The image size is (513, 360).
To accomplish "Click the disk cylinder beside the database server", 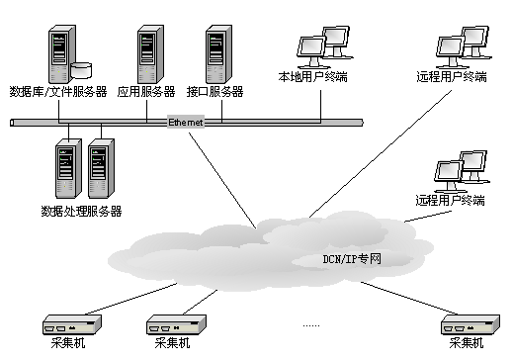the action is point(81,70).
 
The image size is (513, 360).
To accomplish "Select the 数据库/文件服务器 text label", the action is point(58,92).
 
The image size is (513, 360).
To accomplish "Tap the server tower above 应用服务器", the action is point(150,54).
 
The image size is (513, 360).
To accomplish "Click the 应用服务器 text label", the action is point(146,92).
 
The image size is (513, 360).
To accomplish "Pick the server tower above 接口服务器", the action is point(218,54).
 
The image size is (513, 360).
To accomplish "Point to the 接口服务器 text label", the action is point(214,92).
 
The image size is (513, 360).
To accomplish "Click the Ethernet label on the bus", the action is point(186,123).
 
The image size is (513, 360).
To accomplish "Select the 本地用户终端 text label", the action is point(312,77).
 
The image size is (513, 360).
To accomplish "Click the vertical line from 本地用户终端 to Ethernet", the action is point(320,106).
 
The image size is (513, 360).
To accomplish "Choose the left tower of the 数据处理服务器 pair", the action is point(68,168).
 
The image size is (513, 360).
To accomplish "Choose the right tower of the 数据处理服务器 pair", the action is point(101,168).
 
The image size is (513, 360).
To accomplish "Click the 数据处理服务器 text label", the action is point(81,211).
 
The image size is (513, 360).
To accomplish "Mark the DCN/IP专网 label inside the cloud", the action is point(352,259).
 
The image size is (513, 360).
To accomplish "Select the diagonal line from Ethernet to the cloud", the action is point(222,180).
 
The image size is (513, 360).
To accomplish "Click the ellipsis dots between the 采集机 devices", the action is point(311,326).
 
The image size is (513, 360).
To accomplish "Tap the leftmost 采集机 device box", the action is point(72,324).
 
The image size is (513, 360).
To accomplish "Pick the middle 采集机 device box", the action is point(176,324).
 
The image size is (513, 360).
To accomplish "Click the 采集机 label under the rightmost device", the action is point(467,343).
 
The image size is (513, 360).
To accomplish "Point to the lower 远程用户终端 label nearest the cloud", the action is point(450,200).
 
